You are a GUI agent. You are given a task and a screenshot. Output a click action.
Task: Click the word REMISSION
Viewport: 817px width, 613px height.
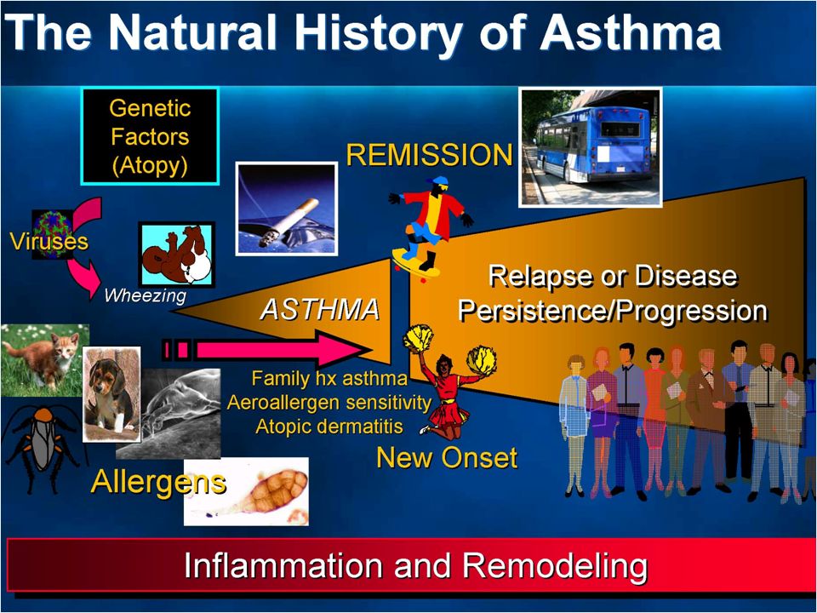(x=429, y=155)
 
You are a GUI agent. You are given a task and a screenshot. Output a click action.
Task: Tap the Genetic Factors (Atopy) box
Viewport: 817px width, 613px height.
(x=150, y=136)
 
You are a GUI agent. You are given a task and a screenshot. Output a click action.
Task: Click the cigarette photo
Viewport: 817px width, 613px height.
(x=287, y=209)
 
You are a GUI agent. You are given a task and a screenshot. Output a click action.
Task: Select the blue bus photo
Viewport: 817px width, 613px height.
(x=591, y=147)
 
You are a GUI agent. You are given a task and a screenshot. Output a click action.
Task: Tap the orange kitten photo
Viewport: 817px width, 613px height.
(x=45, y=359)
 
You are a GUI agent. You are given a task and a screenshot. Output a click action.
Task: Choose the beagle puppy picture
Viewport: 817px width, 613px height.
(x=111, y=394)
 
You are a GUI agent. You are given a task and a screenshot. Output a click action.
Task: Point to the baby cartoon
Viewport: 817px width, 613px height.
(x=177, y=254)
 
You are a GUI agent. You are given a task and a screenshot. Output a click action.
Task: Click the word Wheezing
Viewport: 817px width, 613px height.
(x=145, y=295)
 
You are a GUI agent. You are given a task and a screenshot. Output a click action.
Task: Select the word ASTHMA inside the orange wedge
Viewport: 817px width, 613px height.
(x=320, y=309)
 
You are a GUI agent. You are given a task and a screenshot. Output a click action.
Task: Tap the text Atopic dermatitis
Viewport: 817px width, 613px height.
(x=329, y=426)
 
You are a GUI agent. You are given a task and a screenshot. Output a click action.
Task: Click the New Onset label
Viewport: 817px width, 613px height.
(x=447, y=458)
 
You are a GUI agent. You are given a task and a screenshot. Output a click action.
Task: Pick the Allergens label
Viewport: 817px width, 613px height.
(x=158, y=482)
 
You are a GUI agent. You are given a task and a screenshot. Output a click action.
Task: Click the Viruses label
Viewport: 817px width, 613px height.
(x=49, y=241)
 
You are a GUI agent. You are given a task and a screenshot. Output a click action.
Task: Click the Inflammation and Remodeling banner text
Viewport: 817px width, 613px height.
(x=416, y=565)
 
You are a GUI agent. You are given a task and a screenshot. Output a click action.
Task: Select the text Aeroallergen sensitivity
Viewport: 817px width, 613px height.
(x=329, y=402)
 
